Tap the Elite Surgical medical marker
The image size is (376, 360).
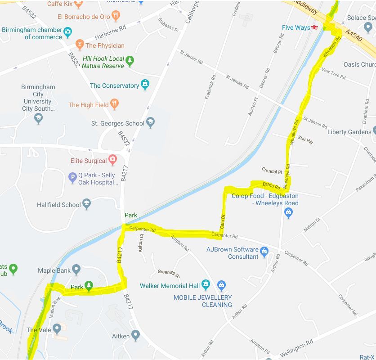click(x=113, y=160)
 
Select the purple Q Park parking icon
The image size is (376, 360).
click(x=72, y=178)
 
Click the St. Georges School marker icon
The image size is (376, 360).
click(x=151, y=123)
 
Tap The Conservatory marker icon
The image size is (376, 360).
click(x=145, y=85)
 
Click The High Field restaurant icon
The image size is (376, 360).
click(x=114, y=104)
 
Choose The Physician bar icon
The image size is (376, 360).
click(x=80, y=45)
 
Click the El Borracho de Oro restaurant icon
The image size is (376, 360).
click(x=116, y=17)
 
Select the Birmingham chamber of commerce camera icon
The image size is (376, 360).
click(x=67, y=32)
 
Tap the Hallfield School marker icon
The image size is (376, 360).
click(x=87, y=204)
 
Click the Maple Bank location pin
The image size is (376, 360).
click(x=76, y=270)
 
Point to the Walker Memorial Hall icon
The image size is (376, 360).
click(x=206, y=285)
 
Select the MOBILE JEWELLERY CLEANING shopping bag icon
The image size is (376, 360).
click(x=221, y=285)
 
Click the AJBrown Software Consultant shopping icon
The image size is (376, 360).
click(x=264, y=251)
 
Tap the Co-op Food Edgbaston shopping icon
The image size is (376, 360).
click(x=289, y=213)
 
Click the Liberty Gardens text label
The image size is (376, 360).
click(x=349, y=132)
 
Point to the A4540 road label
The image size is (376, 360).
click(x=354, y=36)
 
